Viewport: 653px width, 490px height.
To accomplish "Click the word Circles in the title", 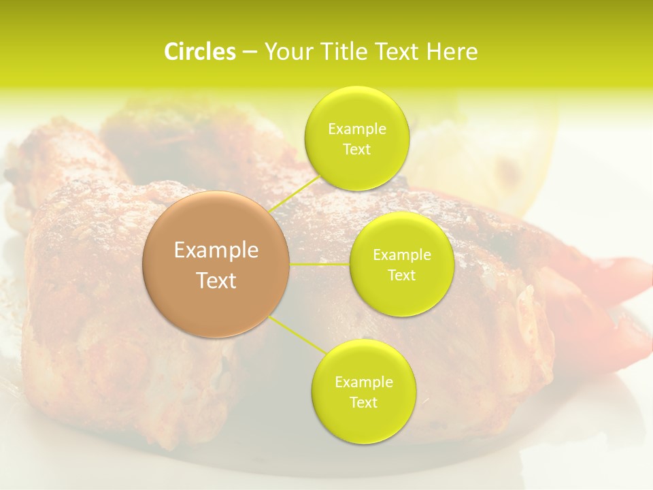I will pos(199,52).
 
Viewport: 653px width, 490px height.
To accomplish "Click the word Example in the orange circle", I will pos(216,250).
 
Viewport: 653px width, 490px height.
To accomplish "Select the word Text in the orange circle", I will pos(216,280).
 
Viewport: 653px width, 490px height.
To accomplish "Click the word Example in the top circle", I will pos(356,129).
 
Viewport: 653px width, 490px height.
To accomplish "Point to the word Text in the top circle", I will pos(356,150).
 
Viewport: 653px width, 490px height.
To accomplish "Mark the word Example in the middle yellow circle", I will pos(401,255).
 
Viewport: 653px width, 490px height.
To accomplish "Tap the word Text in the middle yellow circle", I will pos(401,276).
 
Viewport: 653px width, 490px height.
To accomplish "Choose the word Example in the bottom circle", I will pos(363,382).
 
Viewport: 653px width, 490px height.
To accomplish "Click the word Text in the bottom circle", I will pos(363,403).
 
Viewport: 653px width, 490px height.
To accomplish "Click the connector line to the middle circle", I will pos(320,264).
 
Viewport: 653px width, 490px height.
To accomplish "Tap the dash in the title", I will pos(250,52).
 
